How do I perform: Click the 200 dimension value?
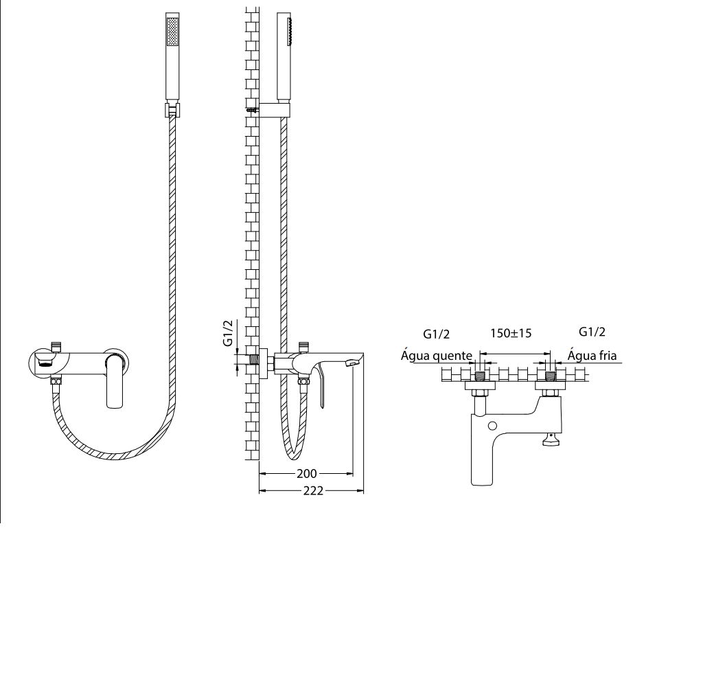(x=307, y=473)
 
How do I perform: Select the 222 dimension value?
(x=313, y=491)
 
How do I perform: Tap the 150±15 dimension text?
(x=511, y=333)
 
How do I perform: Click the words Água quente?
(x=436, y=356)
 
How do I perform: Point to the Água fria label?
(x=592, y=356)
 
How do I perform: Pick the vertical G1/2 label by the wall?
(x=228, y=333)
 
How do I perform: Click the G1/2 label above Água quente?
(x=436, y=334)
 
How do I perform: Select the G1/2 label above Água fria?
(x=592, y=332)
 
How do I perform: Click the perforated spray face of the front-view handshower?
(x=172, y=32)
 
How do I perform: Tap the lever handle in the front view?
(x=115, y=380)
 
